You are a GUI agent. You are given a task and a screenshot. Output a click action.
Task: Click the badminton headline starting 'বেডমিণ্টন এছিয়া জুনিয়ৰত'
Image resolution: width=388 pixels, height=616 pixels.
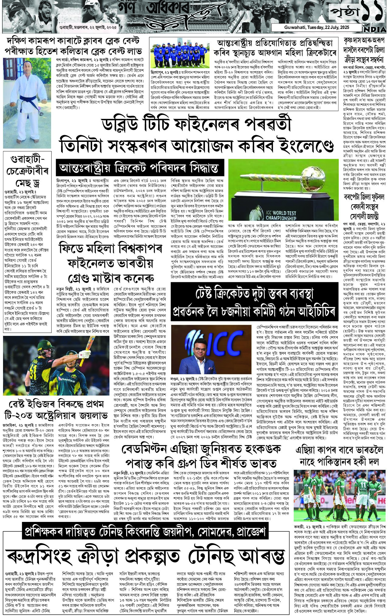coord(199,455)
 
